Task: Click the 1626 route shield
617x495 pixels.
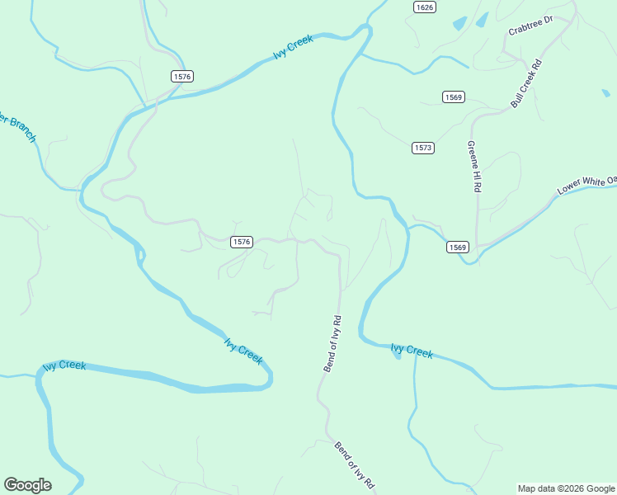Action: point(424,7)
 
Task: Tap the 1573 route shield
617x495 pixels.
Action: point(422,148)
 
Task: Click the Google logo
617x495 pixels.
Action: point(27,485)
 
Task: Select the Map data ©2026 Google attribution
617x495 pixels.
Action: point(566,488)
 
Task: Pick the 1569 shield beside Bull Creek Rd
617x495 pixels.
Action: point(453,97)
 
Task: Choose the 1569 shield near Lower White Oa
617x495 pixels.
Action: point(458,247)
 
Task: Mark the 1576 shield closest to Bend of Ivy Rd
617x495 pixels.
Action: point(240,242)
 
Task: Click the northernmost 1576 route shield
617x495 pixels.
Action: point(182,76)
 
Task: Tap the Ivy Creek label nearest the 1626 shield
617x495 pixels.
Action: point(294,48)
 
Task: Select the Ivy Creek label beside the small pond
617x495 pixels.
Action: point(412,351)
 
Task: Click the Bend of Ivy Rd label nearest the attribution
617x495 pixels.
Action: point(356,467)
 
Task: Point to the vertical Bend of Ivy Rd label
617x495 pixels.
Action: point(332,343)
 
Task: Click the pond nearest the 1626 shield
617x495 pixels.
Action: point(459,24)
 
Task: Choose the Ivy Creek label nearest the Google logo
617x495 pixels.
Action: point(64,365)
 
